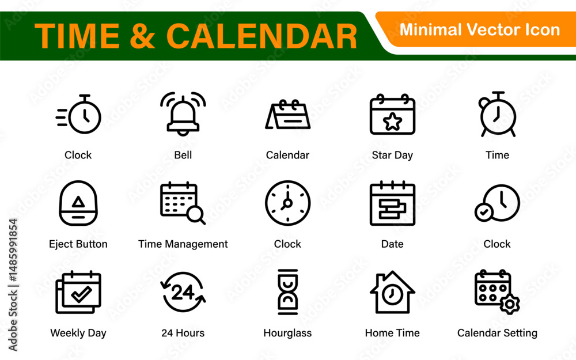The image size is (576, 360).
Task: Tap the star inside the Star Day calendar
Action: click(392, 122)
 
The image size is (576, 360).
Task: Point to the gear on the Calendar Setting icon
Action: click(510, 304)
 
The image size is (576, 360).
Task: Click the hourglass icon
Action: click(287, 292)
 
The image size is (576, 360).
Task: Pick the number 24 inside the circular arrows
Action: click(183, 293)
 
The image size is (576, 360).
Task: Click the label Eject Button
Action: click(78, 244)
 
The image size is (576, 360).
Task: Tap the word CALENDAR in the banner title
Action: click(262, 36)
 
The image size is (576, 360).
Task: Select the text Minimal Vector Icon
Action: click(479, 30)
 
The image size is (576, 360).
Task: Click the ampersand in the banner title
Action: click(142, 36)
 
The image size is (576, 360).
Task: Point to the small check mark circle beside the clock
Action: click(484, 212)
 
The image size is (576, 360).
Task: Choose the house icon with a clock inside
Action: click(392, 293)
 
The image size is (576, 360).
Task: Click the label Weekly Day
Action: click(78, 333)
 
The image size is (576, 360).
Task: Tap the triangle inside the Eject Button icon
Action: click(78, 202)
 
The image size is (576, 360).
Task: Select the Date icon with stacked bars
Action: click(392, 203)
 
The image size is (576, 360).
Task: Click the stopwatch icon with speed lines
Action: click(78, 114)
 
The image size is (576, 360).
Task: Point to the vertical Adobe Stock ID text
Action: click(13, 285)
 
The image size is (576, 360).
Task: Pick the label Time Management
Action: click(183, 244)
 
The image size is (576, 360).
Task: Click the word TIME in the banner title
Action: click(77, 36)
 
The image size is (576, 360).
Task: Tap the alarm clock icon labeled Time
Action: click(498, 114)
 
